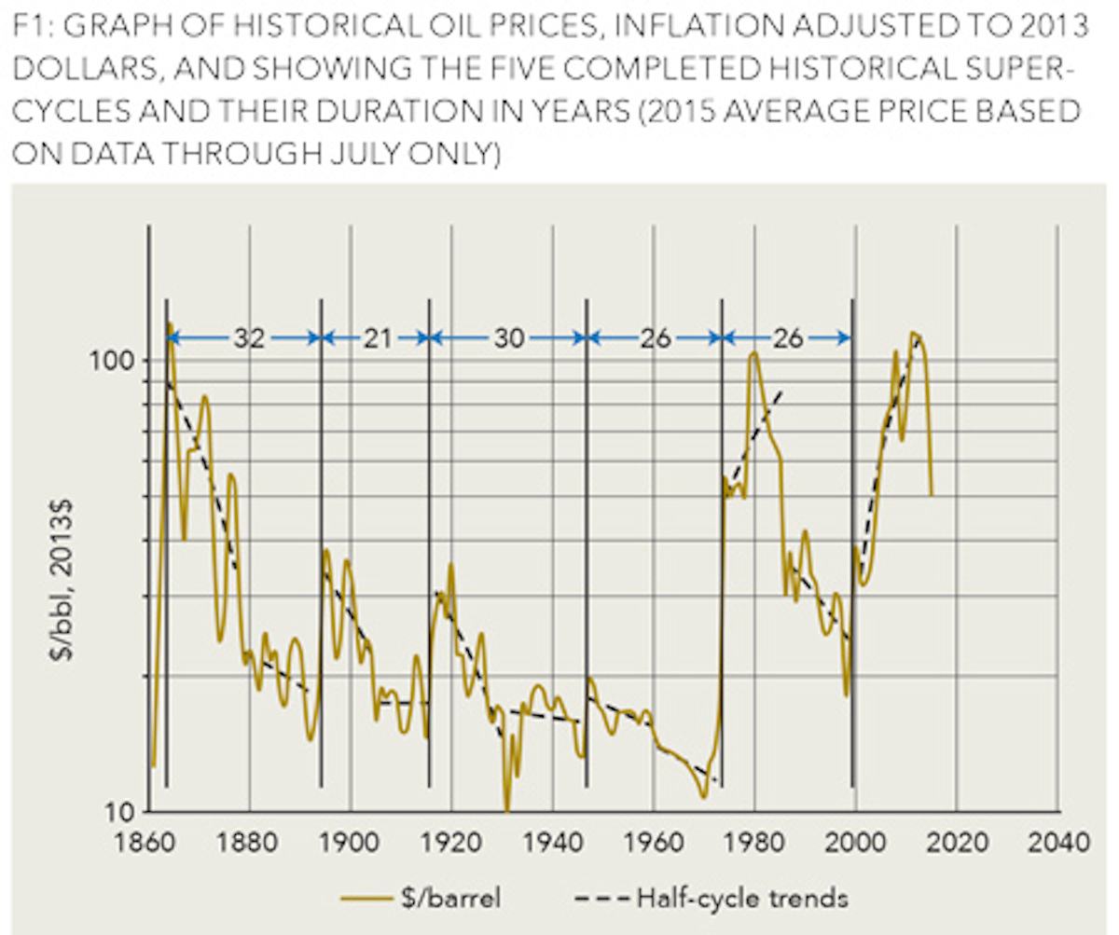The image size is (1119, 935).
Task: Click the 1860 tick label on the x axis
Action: pos(147,844)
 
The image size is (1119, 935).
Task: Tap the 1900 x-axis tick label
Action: pos(351,844)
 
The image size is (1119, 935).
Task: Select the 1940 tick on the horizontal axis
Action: pos(553,844)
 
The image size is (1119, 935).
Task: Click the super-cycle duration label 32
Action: pos(248,338)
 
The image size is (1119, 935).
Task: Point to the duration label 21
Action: pos(377,338)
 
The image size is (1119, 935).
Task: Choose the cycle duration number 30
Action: pos(509,338)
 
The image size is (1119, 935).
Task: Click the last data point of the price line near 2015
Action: pos(931,494)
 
